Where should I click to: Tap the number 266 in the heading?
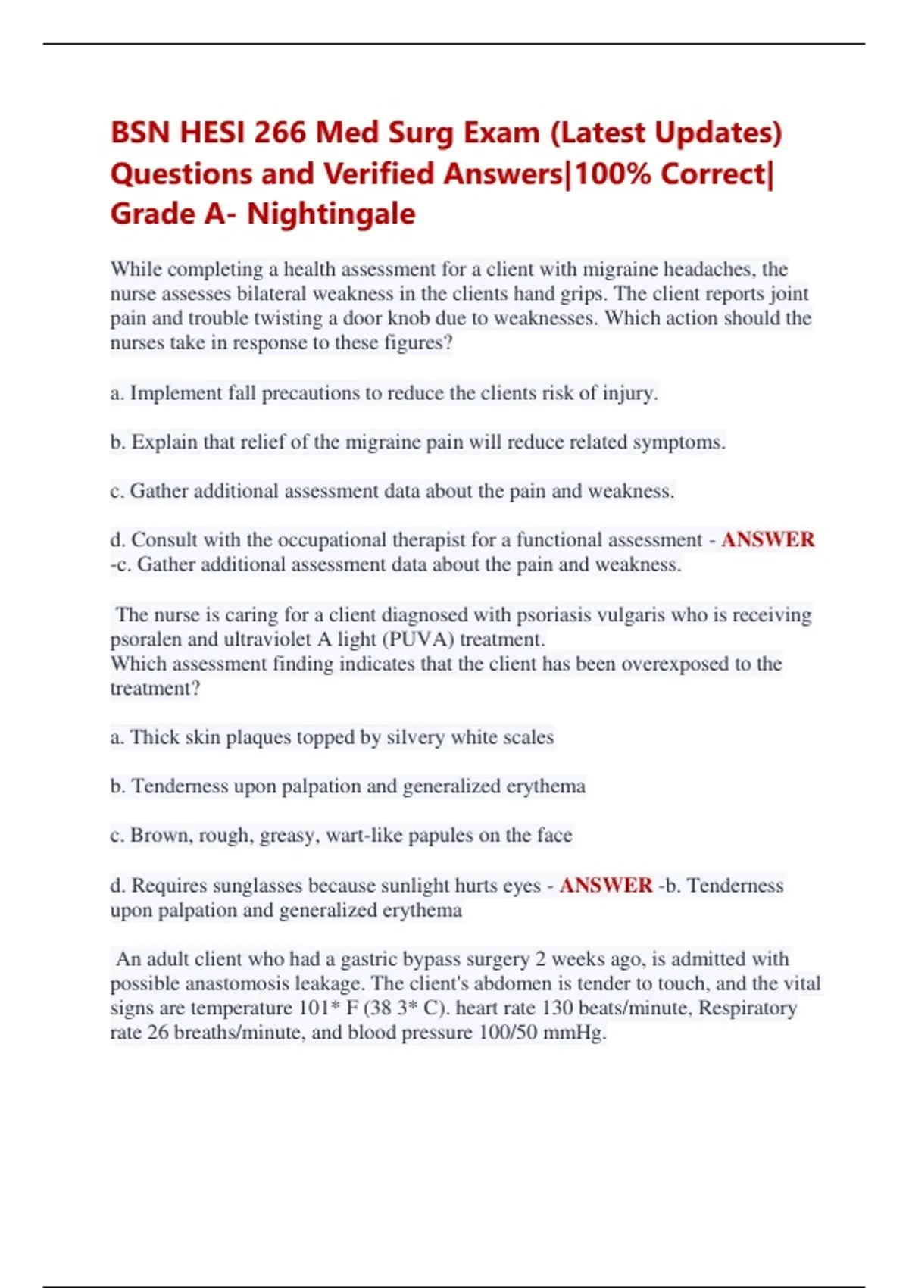point(280,133)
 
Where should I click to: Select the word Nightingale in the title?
point(331,214)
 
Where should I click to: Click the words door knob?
point(396,318)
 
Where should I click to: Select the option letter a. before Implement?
point(117,393)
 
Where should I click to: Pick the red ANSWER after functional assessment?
point(767,540)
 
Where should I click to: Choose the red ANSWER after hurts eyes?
point(605,886)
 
